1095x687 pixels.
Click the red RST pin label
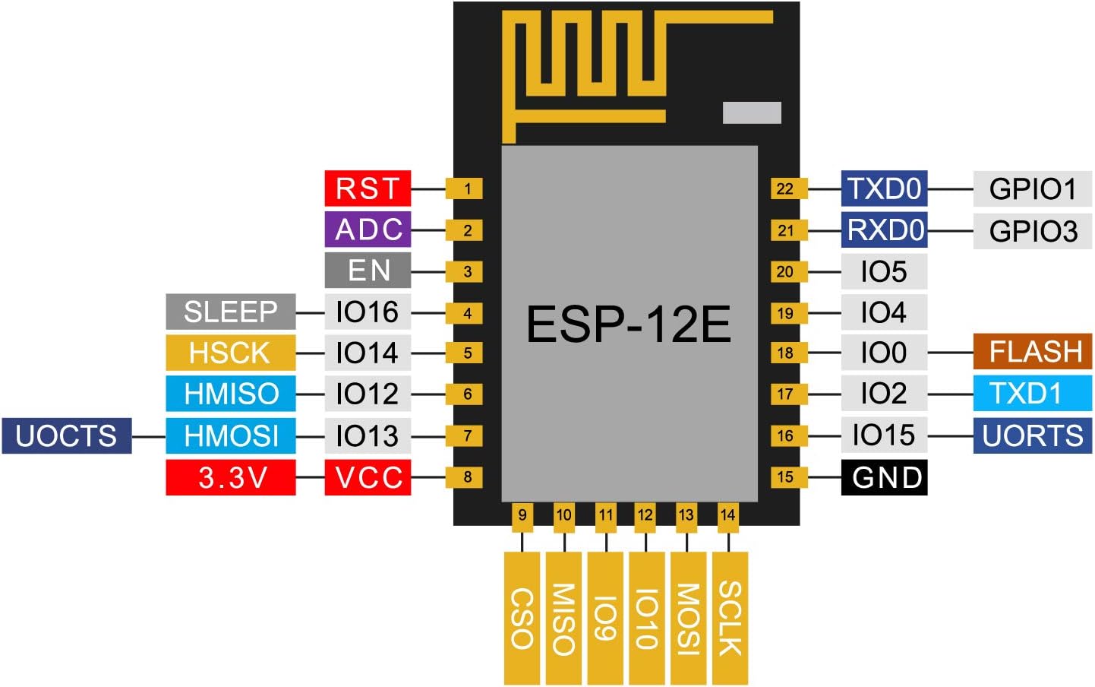point(368,188)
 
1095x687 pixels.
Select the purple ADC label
point(368,230)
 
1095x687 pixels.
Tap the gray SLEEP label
point(230,312)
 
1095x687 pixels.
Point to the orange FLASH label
point(1033,352)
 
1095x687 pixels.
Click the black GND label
point(884,477)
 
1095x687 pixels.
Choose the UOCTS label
point(66,435)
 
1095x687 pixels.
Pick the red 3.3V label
point(230,477)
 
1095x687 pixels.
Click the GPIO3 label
point(1033,230)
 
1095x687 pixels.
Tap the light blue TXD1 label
point(1033,394)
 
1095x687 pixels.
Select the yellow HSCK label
point(230,353)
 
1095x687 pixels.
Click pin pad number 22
point(785,188)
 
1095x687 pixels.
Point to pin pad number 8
point(468,477)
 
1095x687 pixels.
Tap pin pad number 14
point(727,515)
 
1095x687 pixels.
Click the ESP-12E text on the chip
point(628,325)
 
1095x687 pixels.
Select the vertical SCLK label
point(730,618)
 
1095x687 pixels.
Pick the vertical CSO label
point(522,618)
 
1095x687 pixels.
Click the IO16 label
point(368,312)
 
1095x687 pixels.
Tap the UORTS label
point(1033,435)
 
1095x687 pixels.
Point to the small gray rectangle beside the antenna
point(752,112)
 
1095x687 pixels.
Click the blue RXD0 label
point(884,230)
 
